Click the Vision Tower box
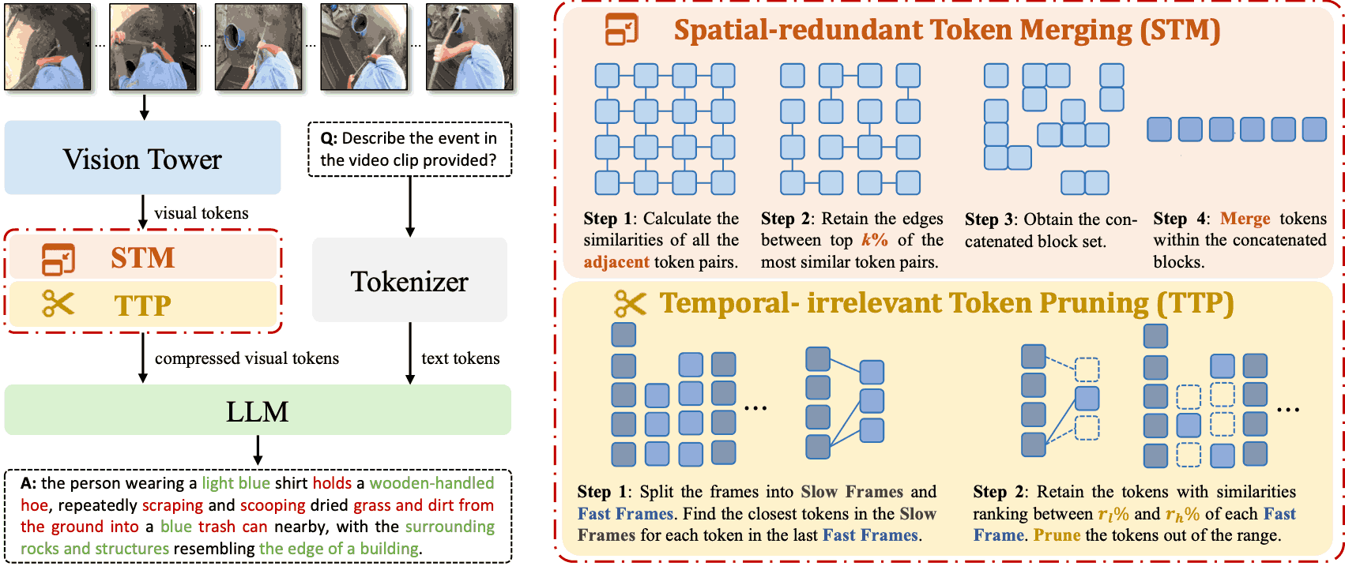(x=142, y=158)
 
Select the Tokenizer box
(x=409, y=279)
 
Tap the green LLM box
(x=258, y=411)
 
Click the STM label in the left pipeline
(x=142, y=258)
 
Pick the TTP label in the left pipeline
(x=142, y=306)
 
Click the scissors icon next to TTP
(x=58, y=304)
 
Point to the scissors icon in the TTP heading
(x=630, y=304)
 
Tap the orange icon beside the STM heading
(x=621, y=29)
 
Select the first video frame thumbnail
(x=48, y=47)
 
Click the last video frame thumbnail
(x=469, y=47)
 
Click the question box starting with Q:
(x=409, y=149)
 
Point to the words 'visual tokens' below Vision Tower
(x=202, y=213)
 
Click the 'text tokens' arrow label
(x=461, y=358)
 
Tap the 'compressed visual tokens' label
(x=247, y=358)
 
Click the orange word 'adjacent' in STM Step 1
(x=616, y=262)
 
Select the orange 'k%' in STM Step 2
(x=875, y=240)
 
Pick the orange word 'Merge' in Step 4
(x=1245, y=219)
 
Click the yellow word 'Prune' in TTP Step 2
(x=1057, y=534)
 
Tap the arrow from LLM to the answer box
(x=258, y=450)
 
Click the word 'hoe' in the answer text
(x=34, y=505)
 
